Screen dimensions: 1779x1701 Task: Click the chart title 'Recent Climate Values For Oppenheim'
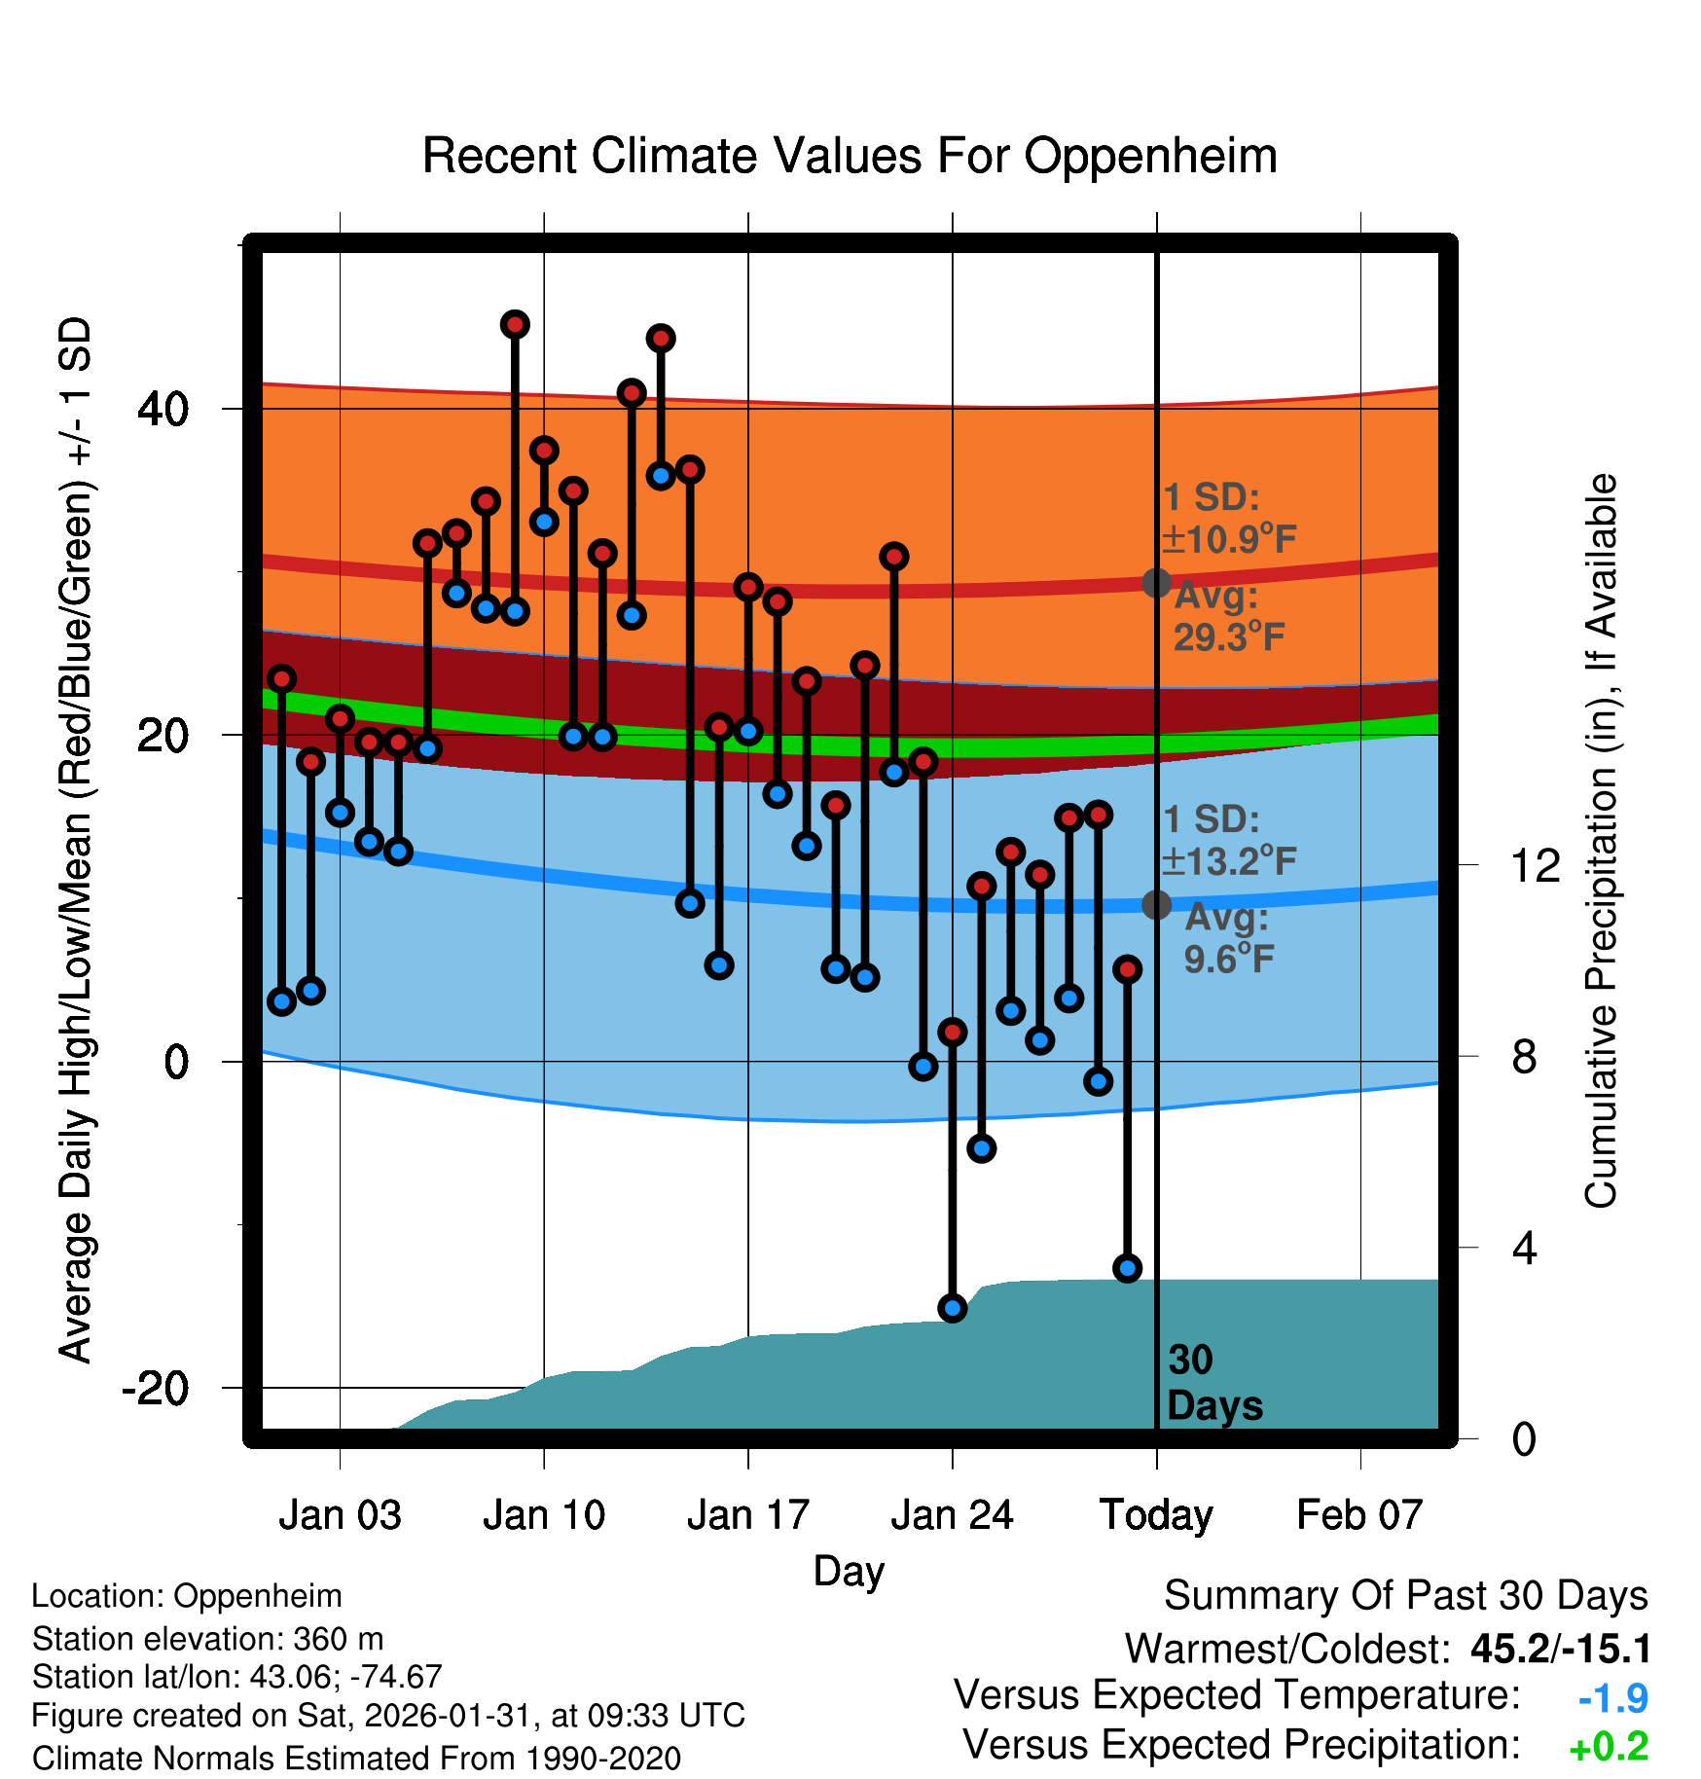click(x=850, y=156)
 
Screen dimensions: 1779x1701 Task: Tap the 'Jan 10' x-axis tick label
click(x=544, y=1514)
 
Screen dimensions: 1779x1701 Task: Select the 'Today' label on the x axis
click(x=1156, y=1514)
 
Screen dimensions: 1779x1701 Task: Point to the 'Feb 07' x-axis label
click(x=1359, y=1514)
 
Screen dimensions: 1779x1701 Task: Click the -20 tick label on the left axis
click(x=155, y=1387)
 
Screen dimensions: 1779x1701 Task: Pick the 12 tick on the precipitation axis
click(x=1535, y=865)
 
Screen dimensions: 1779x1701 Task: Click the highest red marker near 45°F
click(x=515, y=324)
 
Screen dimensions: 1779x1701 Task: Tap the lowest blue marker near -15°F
click(x=953, y=1308)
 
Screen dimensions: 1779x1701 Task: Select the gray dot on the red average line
click(x=1156, y=583)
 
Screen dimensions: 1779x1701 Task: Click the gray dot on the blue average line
click(x=1156, y=905)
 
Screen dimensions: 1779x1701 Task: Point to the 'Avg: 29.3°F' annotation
click(x=1228, y=617)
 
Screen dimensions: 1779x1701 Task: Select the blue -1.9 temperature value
click(x=1612, y=1698)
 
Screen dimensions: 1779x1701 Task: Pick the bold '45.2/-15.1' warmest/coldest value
click(x=1561, y=1649)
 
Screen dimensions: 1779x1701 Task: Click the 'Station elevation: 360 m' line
click(x=207, y=1639)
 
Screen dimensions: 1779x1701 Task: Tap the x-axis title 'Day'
click(x=849, y=1571)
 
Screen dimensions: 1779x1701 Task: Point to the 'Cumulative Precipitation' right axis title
click(x=1601, y=841)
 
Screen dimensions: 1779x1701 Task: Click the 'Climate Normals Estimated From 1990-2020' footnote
click(x=356, y=1759)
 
